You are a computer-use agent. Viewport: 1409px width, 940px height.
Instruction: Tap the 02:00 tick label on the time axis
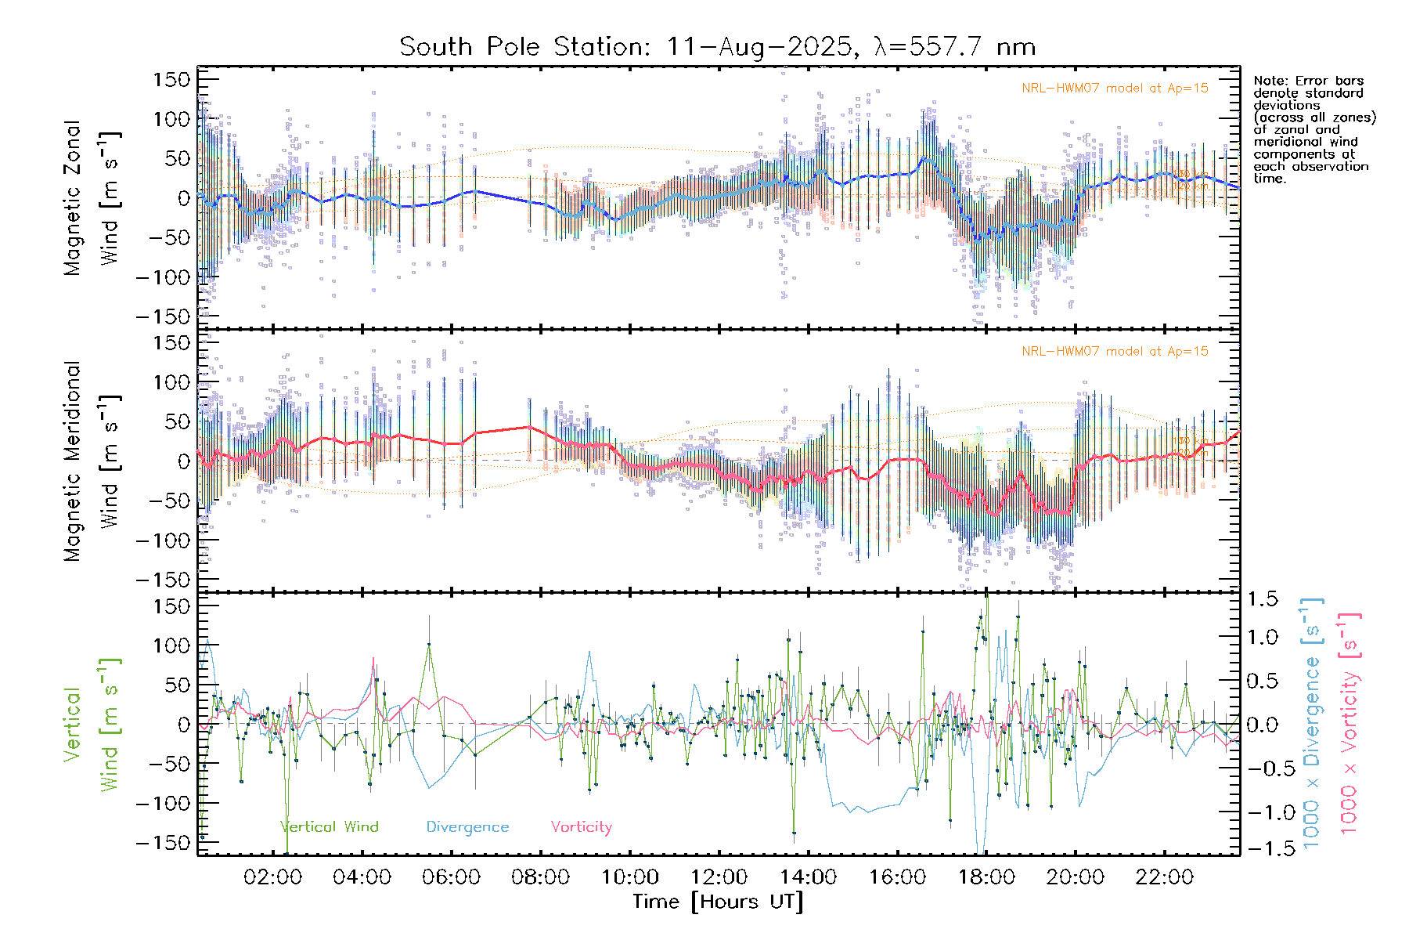(x=272, y=877)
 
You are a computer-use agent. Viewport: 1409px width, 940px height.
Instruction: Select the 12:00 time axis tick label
(x=719, y=877)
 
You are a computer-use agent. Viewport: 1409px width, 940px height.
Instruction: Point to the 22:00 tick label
(x=1165, y=877)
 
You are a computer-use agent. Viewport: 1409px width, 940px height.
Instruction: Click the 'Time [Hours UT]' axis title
(x=718, y=902)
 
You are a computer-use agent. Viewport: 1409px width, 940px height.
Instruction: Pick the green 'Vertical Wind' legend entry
(x=330, y=827)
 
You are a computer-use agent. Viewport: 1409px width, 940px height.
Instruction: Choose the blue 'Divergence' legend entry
(x=467, y=827)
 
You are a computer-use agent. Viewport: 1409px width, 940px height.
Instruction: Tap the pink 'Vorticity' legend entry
(x=581, y=827)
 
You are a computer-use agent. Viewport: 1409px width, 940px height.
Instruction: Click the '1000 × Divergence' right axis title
(x=1312, y=725)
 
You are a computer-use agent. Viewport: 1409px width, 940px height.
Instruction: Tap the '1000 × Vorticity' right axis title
(x=1350, y=725)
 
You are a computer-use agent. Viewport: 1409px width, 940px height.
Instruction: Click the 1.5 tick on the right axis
(x=1263, y=599)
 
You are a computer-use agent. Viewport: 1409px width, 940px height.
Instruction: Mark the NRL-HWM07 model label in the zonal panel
(x=1115, y=89)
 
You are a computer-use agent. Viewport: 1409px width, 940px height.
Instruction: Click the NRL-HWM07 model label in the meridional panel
(x=1115, y=352)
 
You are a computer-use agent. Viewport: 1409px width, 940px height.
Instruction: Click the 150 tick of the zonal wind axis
(x=171, y=80)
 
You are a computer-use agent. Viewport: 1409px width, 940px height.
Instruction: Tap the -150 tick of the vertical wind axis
(x=164, y=843)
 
